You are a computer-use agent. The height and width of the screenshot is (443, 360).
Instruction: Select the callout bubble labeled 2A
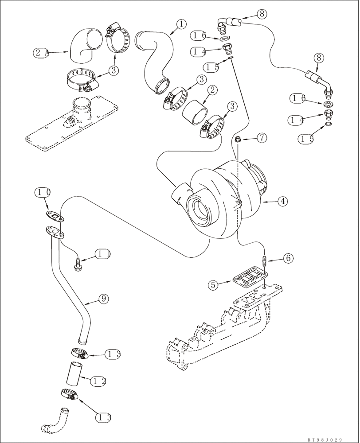tap(40, 53)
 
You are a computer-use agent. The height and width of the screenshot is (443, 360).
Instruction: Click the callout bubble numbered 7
tap(262, 138)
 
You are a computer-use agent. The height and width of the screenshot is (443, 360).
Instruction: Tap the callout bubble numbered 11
tap(103, 254)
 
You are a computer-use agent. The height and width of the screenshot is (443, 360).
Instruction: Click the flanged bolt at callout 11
tap(78, 265)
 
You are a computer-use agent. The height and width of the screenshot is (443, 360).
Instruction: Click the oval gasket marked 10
tap(55, 217)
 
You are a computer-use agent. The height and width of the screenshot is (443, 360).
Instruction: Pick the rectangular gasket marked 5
tap(249, 280)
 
